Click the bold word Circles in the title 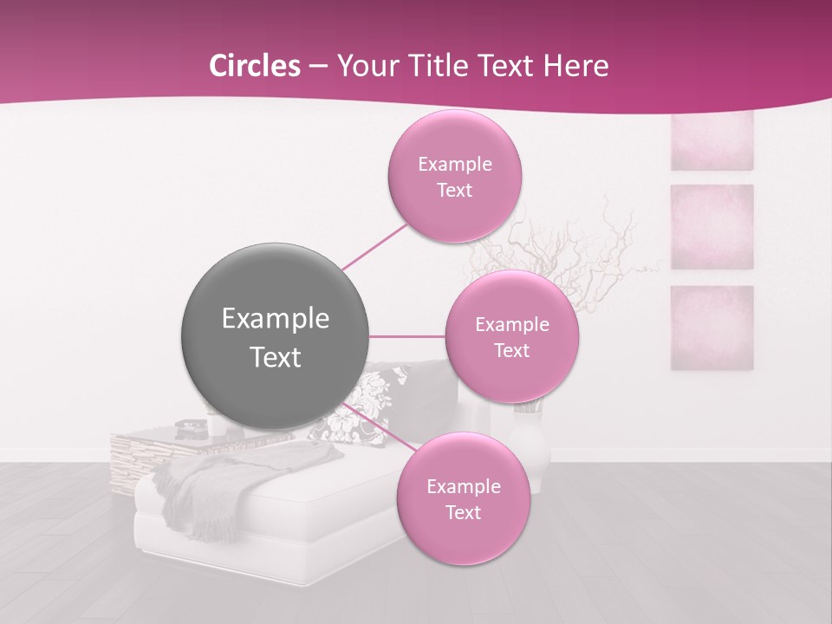tap(254, 66)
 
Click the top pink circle tap(454, 176)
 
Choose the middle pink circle tap(511, 336)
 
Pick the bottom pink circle tap(463, 498)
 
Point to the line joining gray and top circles tap(374, 246)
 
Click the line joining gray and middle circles tap(407, 335)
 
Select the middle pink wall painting tap(712, 226)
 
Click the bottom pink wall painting tap(712, 327)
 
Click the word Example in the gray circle tap(276, 318)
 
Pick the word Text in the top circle tap(454, 190)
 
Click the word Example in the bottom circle tap(463, 486)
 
